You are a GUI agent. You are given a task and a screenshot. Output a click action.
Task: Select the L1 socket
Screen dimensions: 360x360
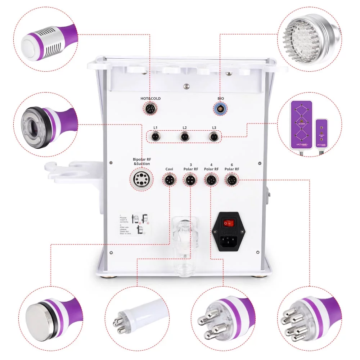pos(155,137)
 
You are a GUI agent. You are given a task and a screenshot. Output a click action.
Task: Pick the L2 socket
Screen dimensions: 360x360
pos(184,137)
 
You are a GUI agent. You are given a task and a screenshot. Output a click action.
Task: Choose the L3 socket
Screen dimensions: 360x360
pos(213,137)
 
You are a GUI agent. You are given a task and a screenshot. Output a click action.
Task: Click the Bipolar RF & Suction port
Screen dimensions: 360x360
pos(141,179)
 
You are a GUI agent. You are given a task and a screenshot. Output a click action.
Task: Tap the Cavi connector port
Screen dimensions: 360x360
pos(169,179)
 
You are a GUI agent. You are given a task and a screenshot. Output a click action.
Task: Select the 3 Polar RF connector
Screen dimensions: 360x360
pos(190,179)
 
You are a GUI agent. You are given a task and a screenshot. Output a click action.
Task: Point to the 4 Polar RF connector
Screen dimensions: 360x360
pos(211,179)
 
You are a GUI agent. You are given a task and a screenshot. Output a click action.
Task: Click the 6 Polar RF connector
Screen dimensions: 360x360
pos(231,179)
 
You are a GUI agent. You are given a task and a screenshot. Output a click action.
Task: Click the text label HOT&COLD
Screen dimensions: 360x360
pos(150,98)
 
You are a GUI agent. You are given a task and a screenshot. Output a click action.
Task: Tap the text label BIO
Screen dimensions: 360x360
pos(221,98)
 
